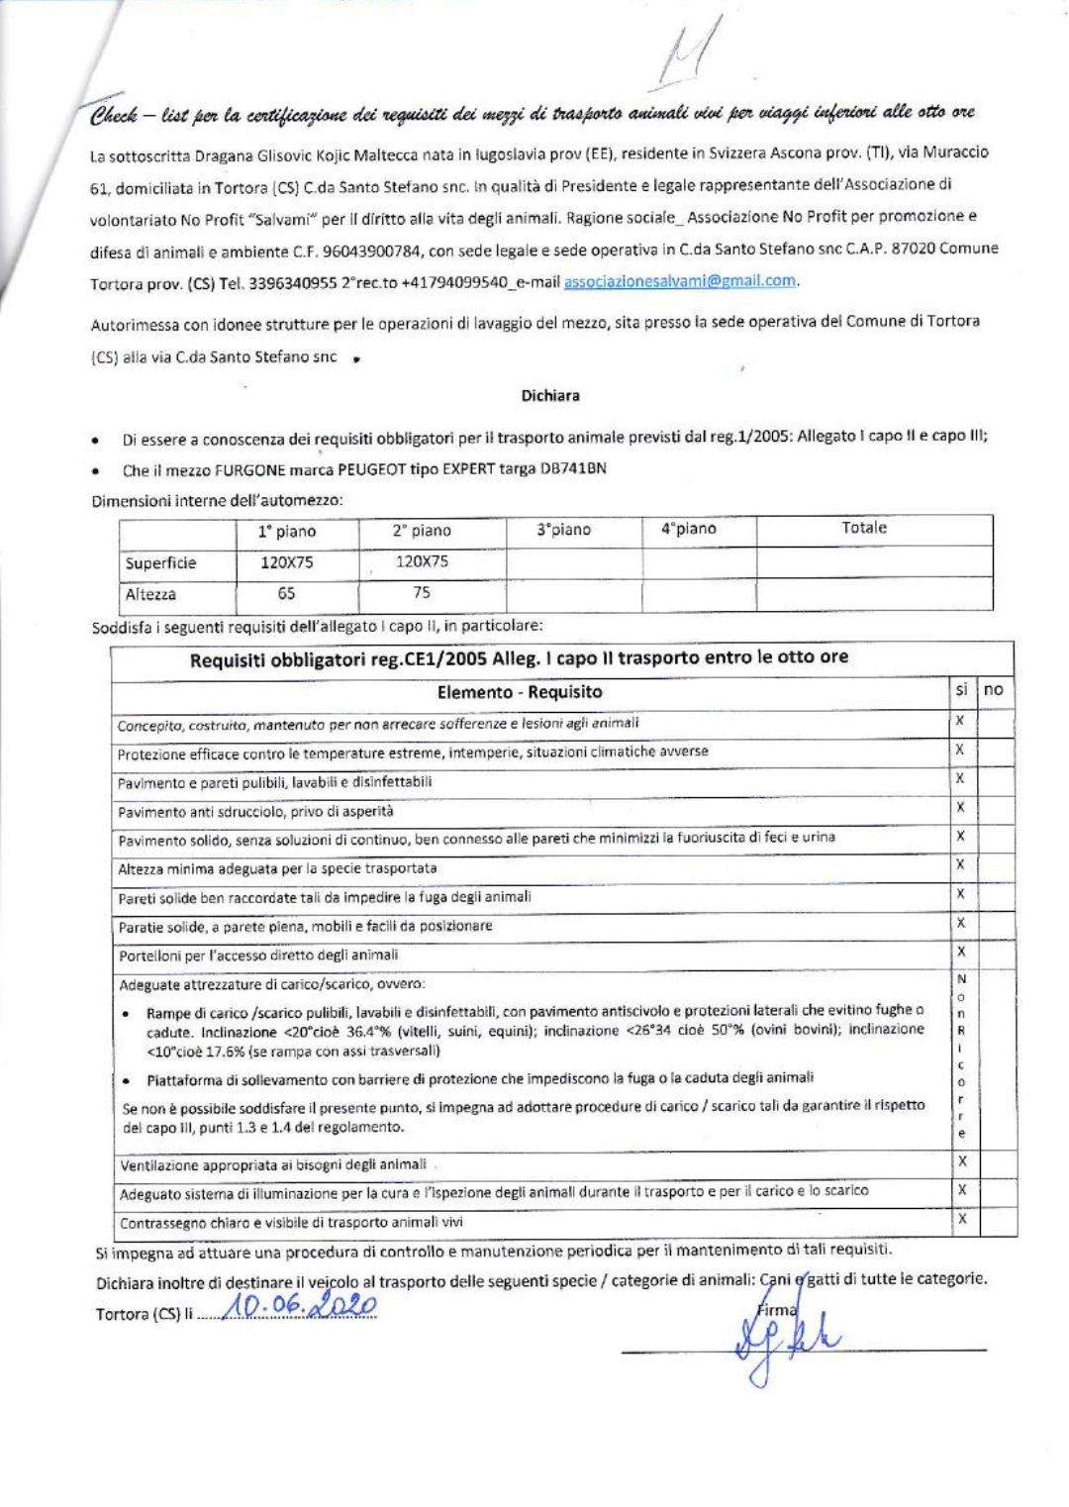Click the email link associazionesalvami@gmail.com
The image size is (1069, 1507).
[x=679, y=280]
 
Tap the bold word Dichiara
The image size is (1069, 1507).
[x=550, y=395]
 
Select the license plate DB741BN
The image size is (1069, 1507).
[x=573, y=468]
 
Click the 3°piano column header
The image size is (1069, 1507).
[x=563, y=530]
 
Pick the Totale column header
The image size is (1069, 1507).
[x=863, y=528]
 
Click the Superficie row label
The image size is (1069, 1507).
[x=160, y=562]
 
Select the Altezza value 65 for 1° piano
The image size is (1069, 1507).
[x=286, y=593]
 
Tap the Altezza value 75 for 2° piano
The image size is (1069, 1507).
[x=422, y=592]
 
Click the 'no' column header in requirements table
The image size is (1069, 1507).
[x=994, y=689]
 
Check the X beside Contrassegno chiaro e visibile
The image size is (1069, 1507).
[x=960, y=1219]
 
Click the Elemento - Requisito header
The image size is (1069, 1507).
[x=520, y=691]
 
